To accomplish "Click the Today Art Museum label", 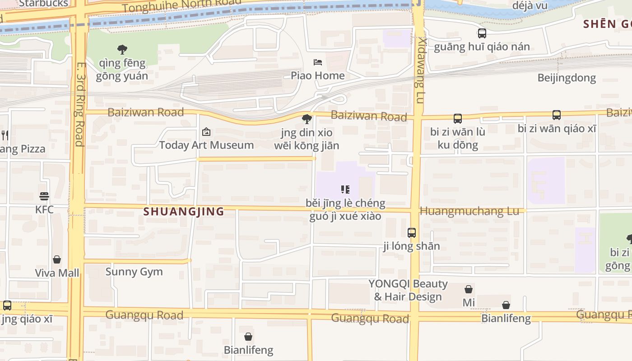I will pos(206,145).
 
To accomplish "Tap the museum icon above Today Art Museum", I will pos(206,132).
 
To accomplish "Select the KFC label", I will pos(44,209).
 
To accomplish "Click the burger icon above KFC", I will pos(44,196).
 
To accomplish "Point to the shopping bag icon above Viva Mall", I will pos(57,259).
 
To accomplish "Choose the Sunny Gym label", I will pos(134,272).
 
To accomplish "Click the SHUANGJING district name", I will pos(184,211).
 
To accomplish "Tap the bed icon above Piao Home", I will pos(318,62).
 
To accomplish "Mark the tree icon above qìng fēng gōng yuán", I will pos(122,49).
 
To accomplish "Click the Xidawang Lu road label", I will pos(421,70).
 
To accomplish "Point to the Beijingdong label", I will pos(567,78).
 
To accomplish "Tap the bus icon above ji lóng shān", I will pos(412,233).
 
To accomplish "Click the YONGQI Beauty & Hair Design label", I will pos(408,290).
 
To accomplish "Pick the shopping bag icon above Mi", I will pos(469,289).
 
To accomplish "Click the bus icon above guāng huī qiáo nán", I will pos(482,33).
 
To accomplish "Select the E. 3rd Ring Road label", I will pos(80,104).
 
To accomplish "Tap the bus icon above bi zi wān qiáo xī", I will pos(557,115).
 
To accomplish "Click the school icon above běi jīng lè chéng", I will pos(345,190).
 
